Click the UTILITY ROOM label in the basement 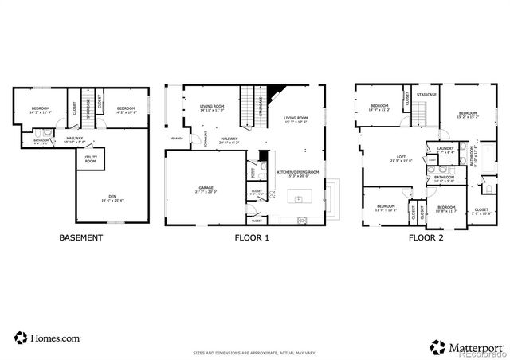[x=91, y=160]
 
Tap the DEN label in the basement [x=112, y=198]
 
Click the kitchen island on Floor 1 [x=302, y=198]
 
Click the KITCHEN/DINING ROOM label [x=297, y=172]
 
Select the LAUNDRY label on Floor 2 [x=445, y=149]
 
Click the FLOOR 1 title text [x=251, y=237]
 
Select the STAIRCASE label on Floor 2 [x=426, y=95]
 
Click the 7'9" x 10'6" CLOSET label [x=482, y=189]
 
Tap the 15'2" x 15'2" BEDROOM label [x=467, y=114]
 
